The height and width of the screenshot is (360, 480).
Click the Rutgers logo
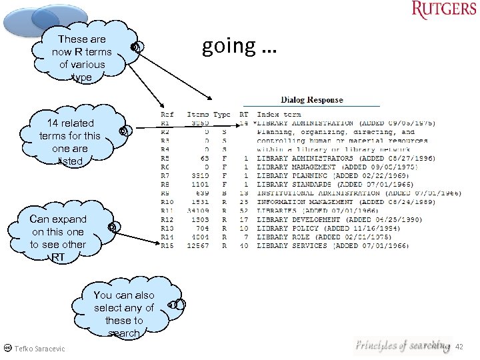click(x=444, y=9)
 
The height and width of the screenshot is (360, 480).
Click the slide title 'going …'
click(x=238, y=46)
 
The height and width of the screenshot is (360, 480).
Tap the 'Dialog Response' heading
click(x=312, y=100)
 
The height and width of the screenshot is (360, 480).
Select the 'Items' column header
click(x=198, y=115)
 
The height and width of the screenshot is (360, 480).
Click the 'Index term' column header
click(x=279, y=115)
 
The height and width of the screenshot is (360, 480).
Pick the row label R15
click(x=167, y=245)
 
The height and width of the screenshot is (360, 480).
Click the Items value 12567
click(x=197, y=245)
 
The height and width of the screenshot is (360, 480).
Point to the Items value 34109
click(x=197, y=211)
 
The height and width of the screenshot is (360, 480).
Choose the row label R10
click(x=167, y=202)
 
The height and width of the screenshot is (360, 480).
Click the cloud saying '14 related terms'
click(x=70, y=141)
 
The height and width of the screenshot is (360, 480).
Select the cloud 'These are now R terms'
click(x=82, y=58)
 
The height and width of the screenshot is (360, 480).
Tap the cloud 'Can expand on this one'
click(x=58, y=237)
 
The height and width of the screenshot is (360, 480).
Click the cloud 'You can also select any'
click(x=123, y=313)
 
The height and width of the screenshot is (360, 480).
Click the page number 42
click(x=459, y=347)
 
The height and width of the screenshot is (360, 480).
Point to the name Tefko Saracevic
click(x=40, y=349)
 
